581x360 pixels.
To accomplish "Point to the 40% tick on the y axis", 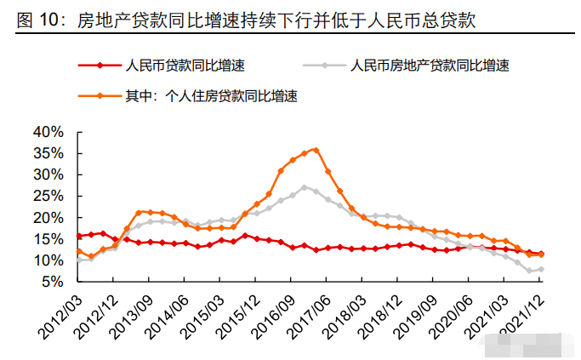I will (47, 132).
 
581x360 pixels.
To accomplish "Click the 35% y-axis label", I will (47, 153).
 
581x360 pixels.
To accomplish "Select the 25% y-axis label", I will (47, 197).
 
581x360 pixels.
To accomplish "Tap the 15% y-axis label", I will (47, 239).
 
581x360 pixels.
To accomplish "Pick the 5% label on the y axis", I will (50, 282).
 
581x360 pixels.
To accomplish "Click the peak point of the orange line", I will (316, 150).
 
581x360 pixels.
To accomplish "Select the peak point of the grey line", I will (305, 187).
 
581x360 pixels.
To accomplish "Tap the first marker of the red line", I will (79, 236).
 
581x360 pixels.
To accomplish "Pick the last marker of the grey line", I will (540, 269).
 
